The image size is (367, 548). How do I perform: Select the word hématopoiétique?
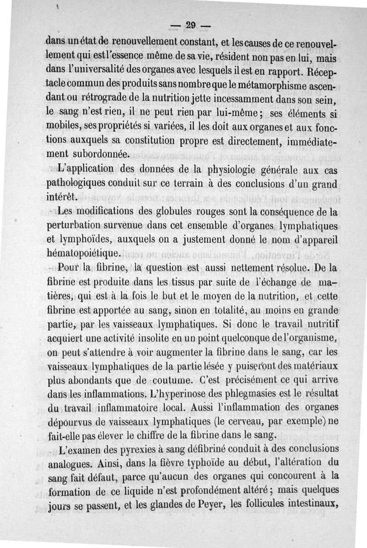pos(84,253)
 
